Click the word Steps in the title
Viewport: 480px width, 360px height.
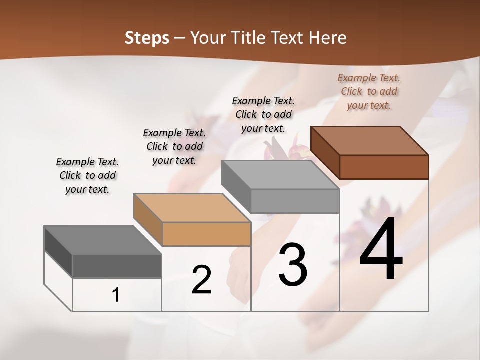(147, 38)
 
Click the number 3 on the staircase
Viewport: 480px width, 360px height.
(293, 265)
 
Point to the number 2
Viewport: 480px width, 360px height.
(202, 280)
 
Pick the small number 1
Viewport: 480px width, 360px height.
(116, 295)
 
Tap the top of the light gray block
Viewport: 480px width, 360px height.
(280, 175)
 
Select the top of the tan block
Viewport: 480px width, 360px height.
(192, 208)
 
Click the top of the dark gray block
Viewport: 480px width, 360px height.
(103, 241)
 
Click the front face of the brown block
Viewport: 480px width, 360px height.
(384, 167)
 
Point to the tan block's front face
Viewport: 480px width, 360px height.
(206, 234)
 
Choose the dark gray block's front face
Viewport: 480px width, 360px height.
(117, 266)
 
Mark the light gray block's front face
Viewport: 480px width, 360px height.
(295, 201)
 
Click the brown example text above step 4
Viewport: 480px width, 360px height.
(369, 91)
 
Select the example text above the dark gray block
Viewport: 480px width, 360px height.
(87, 175)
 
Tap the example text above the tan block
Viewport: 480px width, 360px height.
(174, 146)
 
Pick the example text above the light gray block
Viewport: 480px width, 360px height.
(263, 114)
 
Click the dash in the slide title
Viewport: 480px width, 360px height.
(180, 38)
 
